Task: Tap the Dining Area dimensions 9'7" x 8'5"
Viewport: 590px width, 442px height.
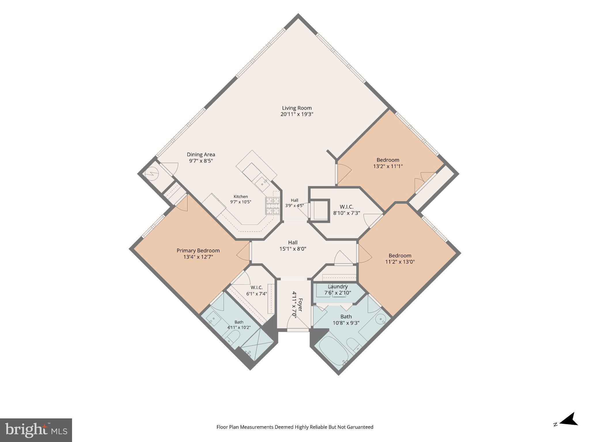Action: [x=201, y=161]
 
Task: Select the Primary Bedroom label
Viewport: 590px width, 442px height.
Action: [x=198, y=251]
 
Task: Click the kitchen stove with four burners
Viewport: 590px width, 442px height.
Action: [x=273, y=206]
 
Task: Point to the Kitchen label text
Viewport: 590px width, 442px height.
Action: [x=241, y=197]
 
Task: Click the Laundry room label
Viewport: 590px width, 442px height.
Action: [x=338, y=287]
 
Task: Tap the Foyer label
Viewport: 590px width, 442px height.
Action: [x=300, y=305]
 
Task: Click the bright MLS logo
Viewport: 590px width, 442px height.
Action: [x=36, y=430]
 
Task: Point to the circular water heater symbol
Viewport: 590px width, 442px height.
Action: [x=152, y=174]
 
